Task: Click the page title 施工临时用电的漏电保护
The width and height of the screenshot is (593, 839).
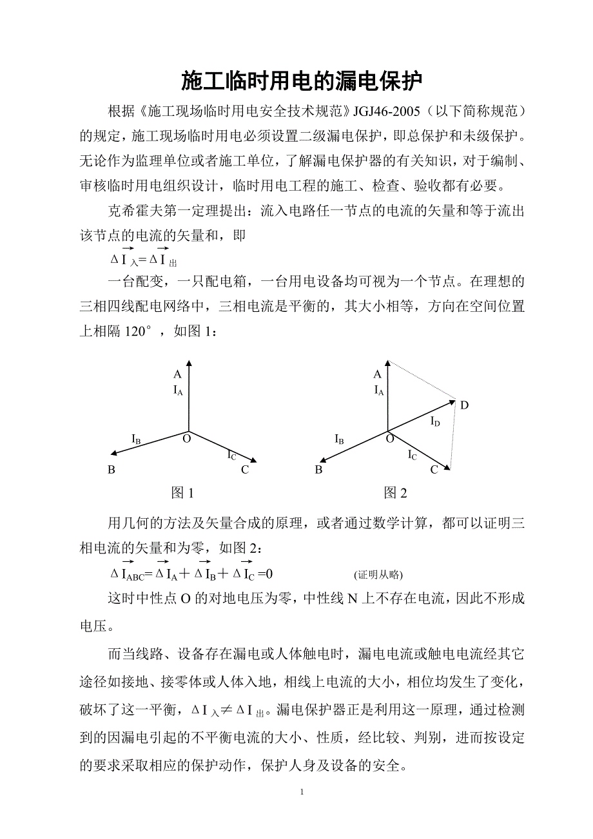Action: [x=301, y=82]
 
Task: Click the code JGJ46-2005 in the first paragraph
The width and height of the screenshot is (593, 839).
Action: [x=385, y=112]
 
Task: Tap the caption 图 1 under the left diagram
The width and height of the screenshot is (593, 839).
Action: [x=182, y=493]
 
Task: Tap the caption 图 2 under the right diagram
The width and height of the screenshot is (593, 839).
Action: [x=396, y=493]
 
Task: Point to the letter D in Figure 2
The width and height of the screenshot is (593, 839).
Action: [x=464, y=405]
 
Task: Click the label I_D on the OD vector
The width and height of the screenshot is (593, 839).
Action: [x=436, y=421]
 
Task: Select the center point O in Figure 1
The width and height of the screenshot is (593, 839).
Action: [x=187, y=439]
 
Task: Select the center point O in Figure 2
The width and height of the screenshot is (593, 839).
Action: [x=389, y=439]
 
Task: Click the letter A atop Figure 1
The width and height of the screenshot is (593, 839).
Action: [x=177, y=374]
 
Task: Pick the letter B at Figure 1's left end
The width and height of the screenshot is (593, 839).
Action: [x=112, y=470]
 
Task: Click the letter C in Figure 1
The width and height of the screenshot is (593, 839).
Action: [x=245, y=470]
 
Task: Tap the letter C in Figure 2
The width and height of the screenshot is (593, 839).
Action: [x=434, y=470]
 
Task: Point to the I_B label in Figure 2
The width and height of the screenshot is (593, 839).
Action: [x=339, y=439]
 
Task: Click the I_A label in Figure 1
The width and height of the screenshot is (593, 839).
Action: [x=178, y=389]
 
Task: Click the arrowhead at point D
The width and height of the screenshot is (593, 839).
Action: [x=451, y=402]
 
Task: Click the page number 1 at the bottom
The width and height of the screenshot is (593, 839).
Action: [x=302, y=792]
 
